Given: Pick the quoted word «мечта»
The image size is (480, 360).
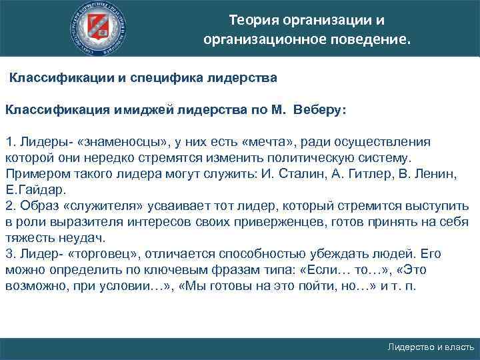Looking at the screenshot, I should pos(271,142).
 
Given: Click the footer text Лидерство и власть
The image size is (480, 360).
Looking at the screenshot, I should pos(431,347).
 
